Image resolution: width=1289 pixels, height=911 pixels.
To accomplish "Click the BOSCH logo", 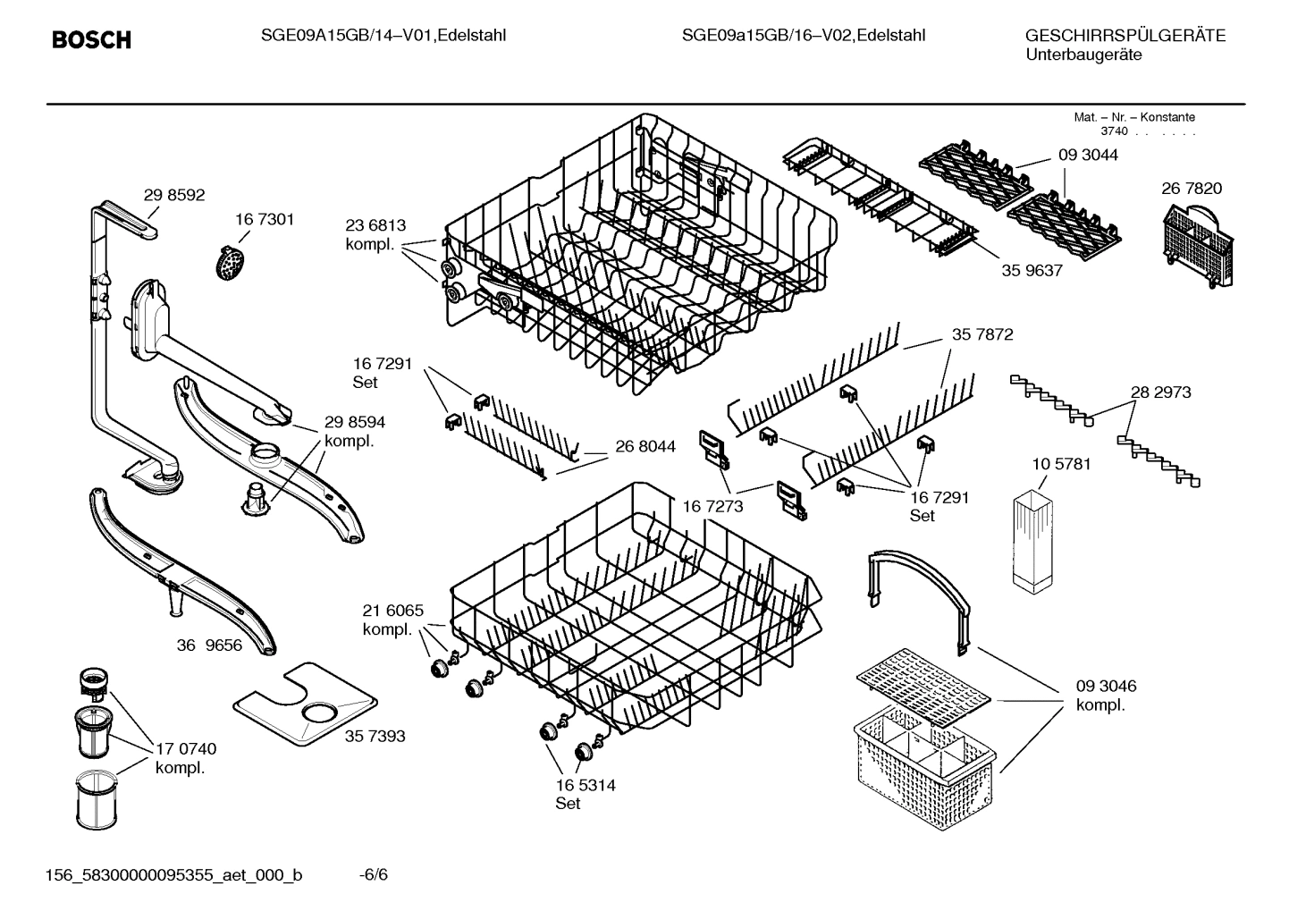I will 91,40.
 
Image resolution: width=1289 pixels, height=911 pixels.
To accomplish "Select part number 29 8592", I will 174,195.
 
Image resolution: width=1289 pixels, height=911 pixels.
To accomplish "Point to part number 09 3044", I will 1088,155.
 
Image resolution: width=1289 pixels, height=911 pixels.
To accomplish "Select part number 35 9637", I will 1032,270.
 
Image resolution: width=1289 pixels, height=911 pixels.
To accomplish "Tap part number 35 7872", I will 982,334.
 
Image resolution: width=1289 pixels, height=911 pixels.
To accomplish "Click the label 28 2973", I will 1160,392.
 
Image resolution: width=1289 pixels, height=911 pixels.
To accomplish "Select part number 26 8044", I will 645,446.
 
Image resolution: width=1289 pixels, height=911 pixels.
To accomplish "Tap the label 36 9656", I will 209,645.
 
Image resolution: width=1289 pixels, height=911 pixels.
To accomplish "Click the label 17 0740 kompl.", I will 186,758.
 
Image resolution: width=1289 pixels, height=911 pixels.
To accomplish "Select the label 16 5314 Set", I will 585,794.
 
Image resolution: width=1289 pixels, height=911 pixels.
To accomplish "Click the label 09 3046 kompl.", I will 1106,696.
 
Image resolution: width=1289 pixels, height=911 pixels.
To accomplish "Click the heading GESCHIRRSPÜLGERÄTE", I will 1125,36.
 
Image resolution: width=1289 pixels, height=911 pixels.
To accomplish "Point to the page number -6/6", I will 374,874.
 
